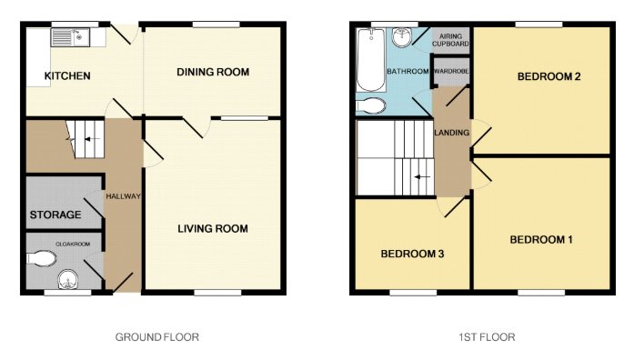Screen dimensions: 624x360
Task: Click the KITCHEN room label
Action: (67, 75)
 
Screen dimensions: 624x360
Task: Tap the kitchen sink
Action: (70, 37)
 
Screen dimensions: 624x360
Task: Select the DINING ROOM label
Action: (213, 72)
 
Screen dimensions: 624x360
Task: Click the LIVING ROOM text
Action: (213, 229)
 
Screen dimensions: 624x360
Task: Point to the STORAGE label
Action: (55, 215)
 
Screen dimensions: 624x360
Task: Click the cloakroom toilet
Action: (42, 258)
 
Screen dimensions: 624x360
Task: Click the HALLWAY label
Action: (123, 196)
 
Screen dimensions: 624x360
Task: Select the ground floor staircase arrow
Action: (92, 139)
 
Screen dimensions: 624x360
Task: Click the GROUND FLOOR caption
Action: (157, 337)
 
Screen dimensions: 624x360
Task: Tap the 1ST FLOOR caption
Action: (487, 337)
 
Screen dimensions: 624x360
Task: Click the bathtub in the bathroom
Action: (371, 60)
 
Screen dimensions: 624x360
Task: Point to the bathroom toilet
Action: (371, 106)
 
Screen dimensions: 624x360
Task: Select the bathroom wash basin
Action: (402, 38)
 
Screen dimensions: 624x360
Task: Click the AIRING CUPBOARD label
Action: (450, 40)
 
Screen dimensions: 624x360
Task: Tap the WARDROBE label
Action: (451, 71)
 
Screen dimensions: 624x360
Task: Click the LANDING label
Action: (452, 133)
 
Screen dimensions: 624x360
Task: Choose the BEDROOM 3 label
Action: (412, 254)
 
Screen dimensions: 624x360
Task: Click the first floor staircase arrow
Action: (422, 177)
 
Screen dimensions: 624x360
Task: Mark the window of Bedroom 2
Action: (538, 25)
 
